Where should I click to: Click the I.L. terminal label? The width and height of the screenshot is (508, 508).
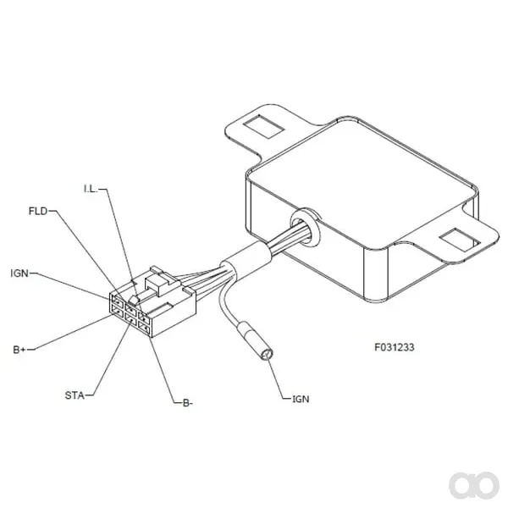(x=91, y=189)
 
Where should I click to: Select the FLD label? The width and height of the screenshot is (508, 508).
(x=38, y=211)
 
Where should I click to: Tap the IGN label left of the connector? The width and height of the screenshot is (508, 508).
(x=19, y=273)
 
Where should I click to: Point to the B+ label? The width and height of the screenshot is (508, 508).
(x=19, y=350)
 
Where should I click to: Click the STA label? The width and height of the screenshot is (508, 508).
(x=75, y=395)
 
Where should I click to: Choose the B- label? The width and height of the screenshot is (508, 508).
(x=188, y=403)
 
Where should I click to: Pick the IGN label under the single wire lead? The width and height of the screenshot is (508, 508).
(x=301, y=399)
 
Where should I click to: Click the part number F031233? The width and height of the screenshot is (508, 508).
(x=395, y=347)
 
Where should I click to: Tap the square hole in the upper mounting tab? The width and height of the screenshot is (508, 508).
(x=263, y=126)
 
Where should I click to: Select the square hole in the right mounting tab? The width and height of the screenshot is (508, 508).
(x=460, y=240)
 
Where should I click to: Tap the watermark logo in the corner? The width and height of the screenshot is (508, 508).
(x=474, y=485)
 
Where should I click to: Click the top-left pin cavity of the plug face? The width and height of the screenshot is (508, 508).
(x=118, y=301)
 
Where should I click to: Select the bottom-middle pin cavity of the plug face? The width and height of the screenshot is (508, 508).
(x=131, y=319)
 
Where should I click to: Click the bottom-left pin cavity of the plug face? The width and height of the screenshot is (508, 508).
(x=118, y=311)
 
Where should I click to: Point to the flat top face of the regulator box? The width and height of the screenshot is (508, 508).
(x=362, y=184)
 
